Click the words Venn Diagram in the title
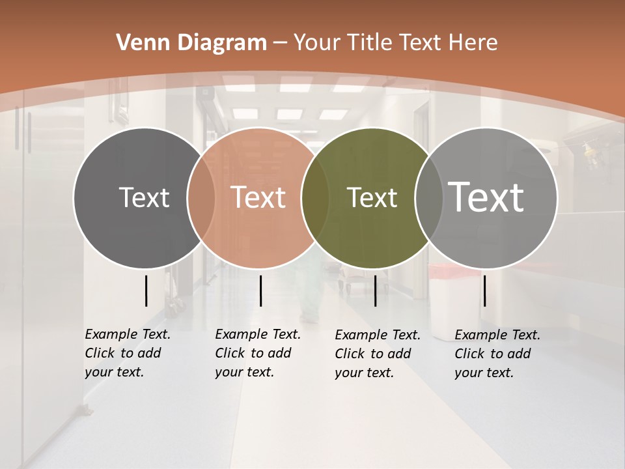pos(191,43)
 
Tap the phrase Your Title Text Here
pos(395,43)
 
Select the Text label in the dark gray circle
pos(144,198)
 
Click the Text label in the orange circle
pos(258,197)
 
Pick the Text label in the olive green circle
pos(372,198)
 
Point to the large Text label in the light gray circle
pos(486,197)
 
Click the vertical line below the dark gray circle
pos(146,291)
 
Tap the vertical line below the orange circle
pos(260,291)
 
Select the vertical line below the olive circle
pos(375,291)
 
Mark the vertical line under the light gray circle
pos(484,291)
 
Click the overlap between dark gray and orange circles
pos(201,198)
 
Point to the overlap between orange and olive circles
pos(316,198)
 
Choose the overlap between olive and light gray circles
pos(428,198)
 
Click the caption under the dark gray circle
pos(127,353)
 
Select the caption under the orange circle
pos(257,353)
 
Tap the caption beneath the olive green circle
pos(377,354)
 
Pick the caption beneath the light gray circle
pos(497,354)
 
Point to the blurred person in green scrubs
pos(311,287)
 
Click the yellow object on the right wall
pos(590,152)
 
